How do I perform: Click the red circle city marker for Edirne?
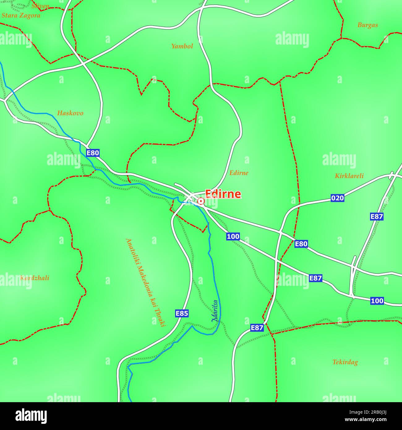[201, 201]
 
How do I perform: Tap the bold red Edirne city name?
[223, 194]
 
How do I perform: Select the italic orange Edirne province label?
[238, 173]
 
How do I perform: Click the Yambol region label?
[182, 46]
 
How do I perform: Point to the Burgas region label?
[367, 25]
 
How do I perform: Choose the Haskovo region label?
[70, 113]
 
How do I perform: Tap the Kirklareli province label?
[349, 176]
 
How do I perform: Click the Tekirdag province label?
[345, 362]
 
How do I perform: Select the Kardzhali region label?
[35, 278]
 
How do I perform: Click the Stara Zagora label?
[21, 15]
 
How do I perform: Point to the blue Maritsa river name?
[215, 311]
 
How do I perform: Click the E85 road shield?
[182, 313]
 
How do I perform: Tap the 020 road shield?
[337, 198]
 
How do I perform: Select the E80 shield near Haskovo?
[93, 153]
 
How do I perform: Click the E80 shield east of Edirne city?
[301, 244]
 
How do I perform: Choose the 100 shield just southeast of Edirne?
[233, 237]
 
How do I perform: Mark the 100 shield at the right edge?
[377, 301]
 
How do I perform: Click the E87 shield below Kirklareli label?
[377, 217]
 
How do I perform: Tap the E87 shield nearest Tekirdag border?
[257, 328]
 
